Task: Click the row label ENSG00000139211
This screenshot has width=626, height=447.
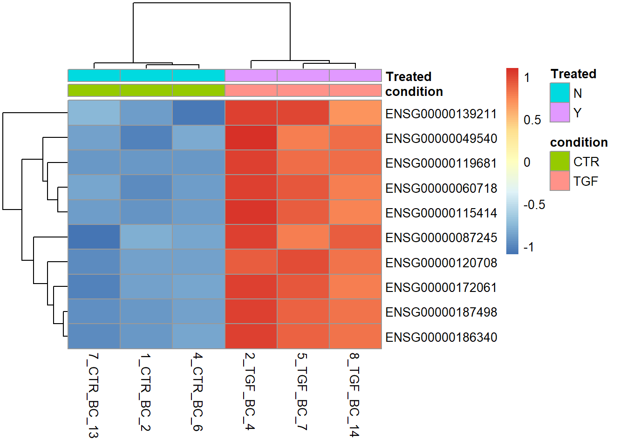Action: (x=441, y=114)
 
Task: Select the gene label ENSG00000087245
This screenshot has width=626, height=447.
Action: (x=441, y=237)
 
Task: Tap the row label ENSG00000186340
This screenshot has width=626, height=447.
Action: (x=441, y=337)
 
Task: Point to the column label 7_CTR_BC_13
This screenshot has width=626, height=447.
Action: (x=93, y=395)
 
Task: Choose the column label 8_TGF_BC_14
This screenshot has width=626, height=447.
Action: (x=354, y=394)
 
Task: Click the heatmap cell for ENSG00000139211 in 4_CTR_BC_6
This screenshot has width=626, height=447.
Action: (x=198, y=113)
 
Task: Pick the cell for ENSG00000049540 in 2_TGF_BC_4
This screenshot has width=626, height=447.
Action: (x=251, y=138)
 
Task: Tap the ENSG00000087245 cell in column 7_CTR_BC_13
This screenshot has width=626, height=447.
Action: (x=94, y=237)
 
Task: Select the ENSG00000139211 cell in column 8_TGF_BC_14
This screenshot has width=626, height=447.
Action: (x=355, y=113)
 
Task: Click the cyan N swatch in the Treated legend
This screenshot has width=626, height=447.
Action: (x=559, y=93)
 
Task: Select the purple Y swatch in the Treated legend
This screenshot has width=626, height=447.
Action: (x=559, y=112)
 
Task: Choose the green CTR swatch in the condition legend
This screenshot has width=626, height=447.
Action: (x=559, y=161)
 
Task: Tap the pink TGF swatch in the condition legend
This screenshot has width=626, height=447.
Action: (x=559, y=181)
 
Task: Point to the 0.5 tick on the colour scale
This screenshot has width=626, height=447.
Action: (x=532, y=120)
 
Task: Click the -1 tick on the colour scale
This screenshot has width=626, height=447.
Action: (x=528, y=247)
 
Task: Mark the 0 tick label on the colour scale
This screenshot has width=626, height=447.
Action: (x=527, y=163)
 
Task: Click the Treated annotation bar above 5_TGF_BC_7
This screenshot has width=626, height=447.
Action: (x=303, y=75)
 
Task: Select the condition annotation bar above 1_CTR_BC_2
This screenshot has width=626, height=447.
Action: (x=146, y=90)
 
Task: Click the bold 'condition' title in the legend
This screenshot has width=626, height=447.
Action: (x=578, y=142)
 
